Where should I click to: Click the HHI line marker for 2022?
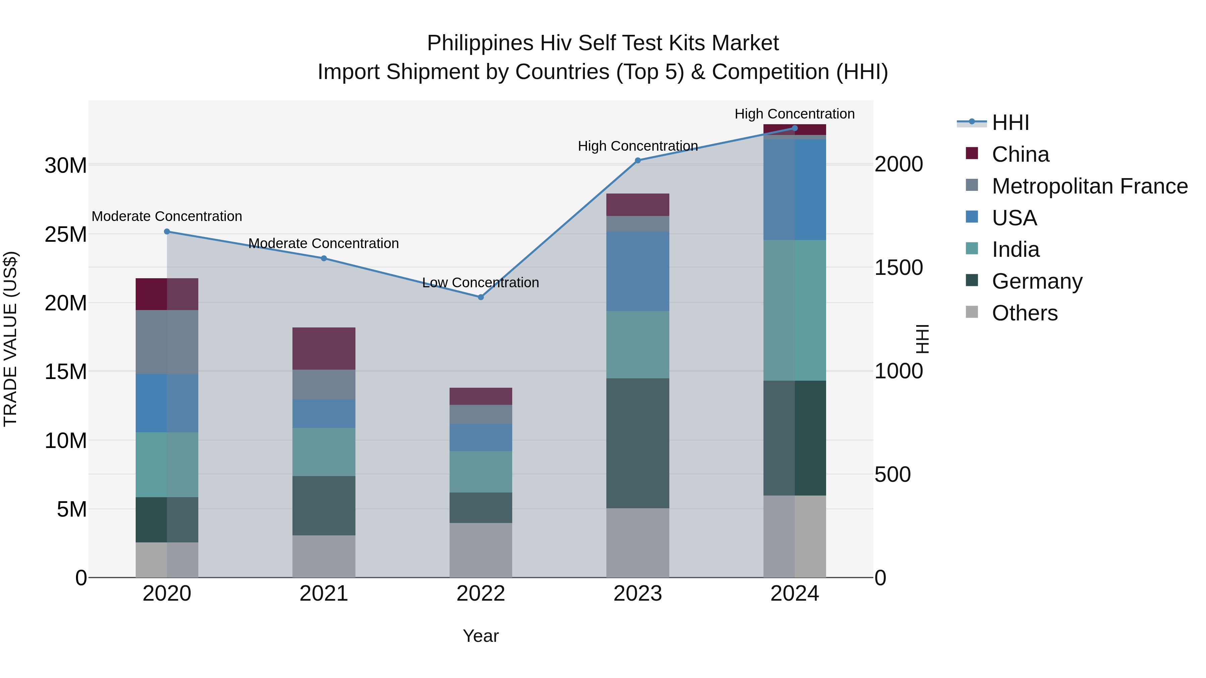pos(480,297)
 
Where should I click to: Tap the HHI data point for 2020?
pos(167,232)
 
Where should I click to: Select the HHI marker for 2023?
pos(638,160)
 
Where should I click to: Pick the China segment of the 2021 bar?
pos(324,349)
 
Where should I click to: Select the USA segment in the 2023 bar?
pos(638,272)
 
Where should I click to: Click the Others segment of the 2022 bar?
pos(480,550)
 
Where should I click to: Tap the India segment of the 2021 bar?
pos(324,452)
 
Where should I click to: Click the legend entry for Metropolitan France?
pos(1089,186)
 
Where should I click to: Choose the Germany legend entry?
pos(1037,281)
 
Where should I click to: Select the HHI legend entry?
pos(1010,123)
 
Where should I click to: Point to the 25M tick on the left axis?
pos(66,234)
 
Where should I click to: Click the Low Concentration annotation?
pos(480,283)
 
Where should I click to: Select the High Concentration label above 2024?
pos(795,114)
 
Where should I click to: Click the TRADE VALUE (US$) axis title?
pos(10,339)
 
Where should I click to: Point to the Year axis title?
pos(481,636)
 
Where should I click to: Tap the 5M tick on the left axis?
pos(72,509)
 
